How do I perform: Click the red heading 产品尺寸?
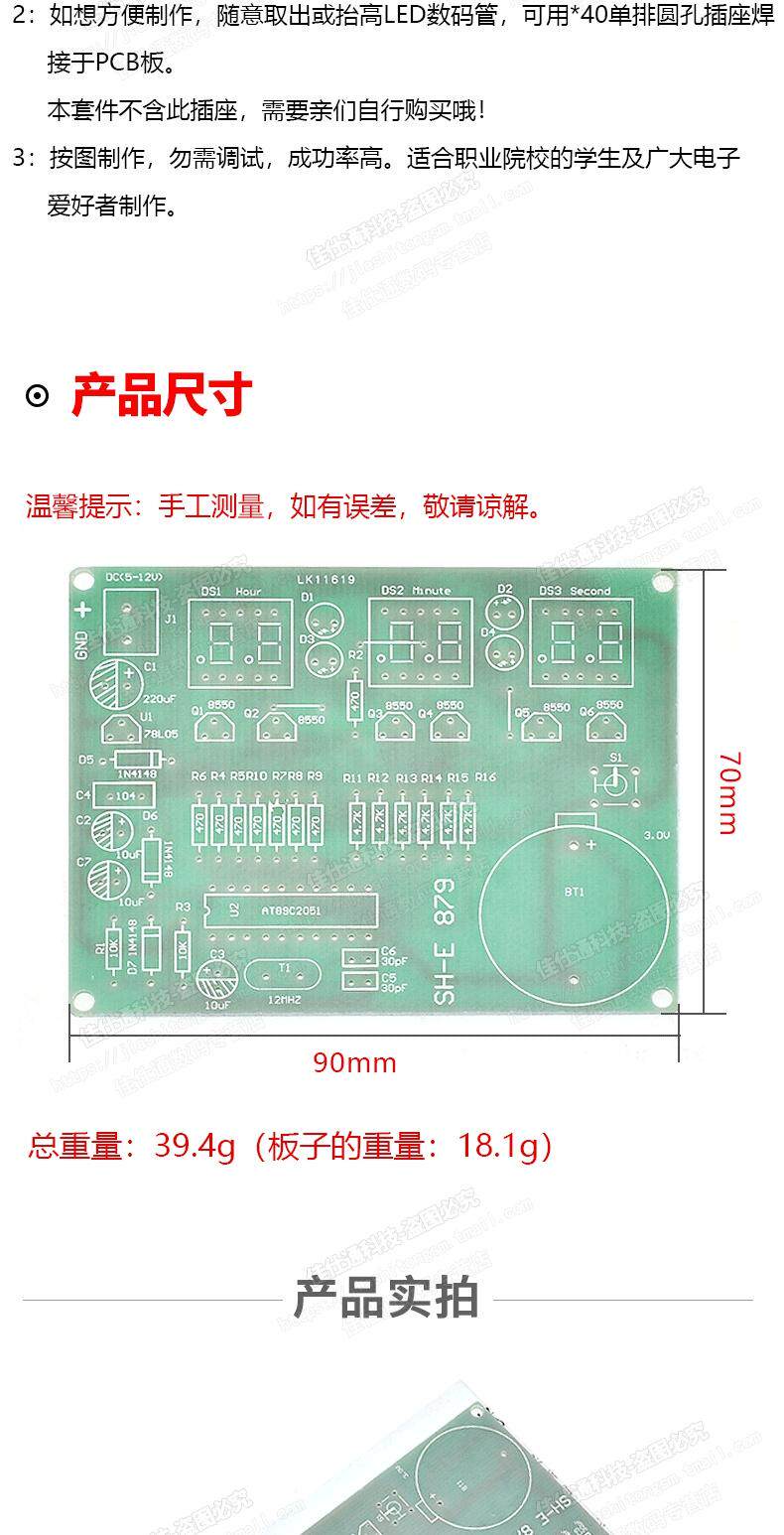click(162, 395)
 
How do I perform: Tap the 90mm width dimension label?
click(354, 1063)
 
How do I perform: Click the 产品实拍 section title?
click(386, 1298)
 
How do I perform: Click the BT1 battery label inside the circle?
click(575, 892)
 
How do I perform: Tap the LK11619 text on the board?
click(325, 579)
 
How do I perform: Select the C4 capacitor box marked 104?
click(125, 795)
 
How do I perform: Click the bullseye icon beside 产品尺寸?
click(37, 396)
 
